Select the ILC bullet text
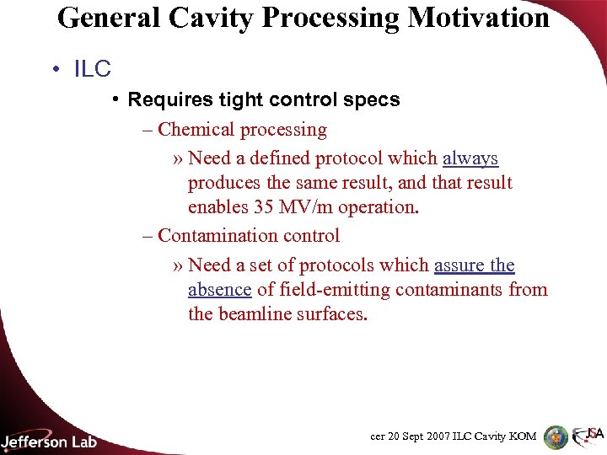[x=93, y=69]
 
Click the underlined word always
[x=470, y=158]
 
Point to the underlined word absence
[x=219, y=290]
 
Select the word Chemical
[x=196, y=130]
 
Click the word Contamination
[x=220, y=236]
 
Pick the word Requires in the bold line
[x=164, y=99]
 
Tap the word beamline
[x=255, y=315]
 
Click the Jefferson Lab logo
[x=49, y=440]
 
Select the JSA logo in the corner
[x=588, y=436]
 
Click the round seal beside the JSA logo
[x=556, y=436]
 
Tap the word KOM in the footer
[x=521, y=436]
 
